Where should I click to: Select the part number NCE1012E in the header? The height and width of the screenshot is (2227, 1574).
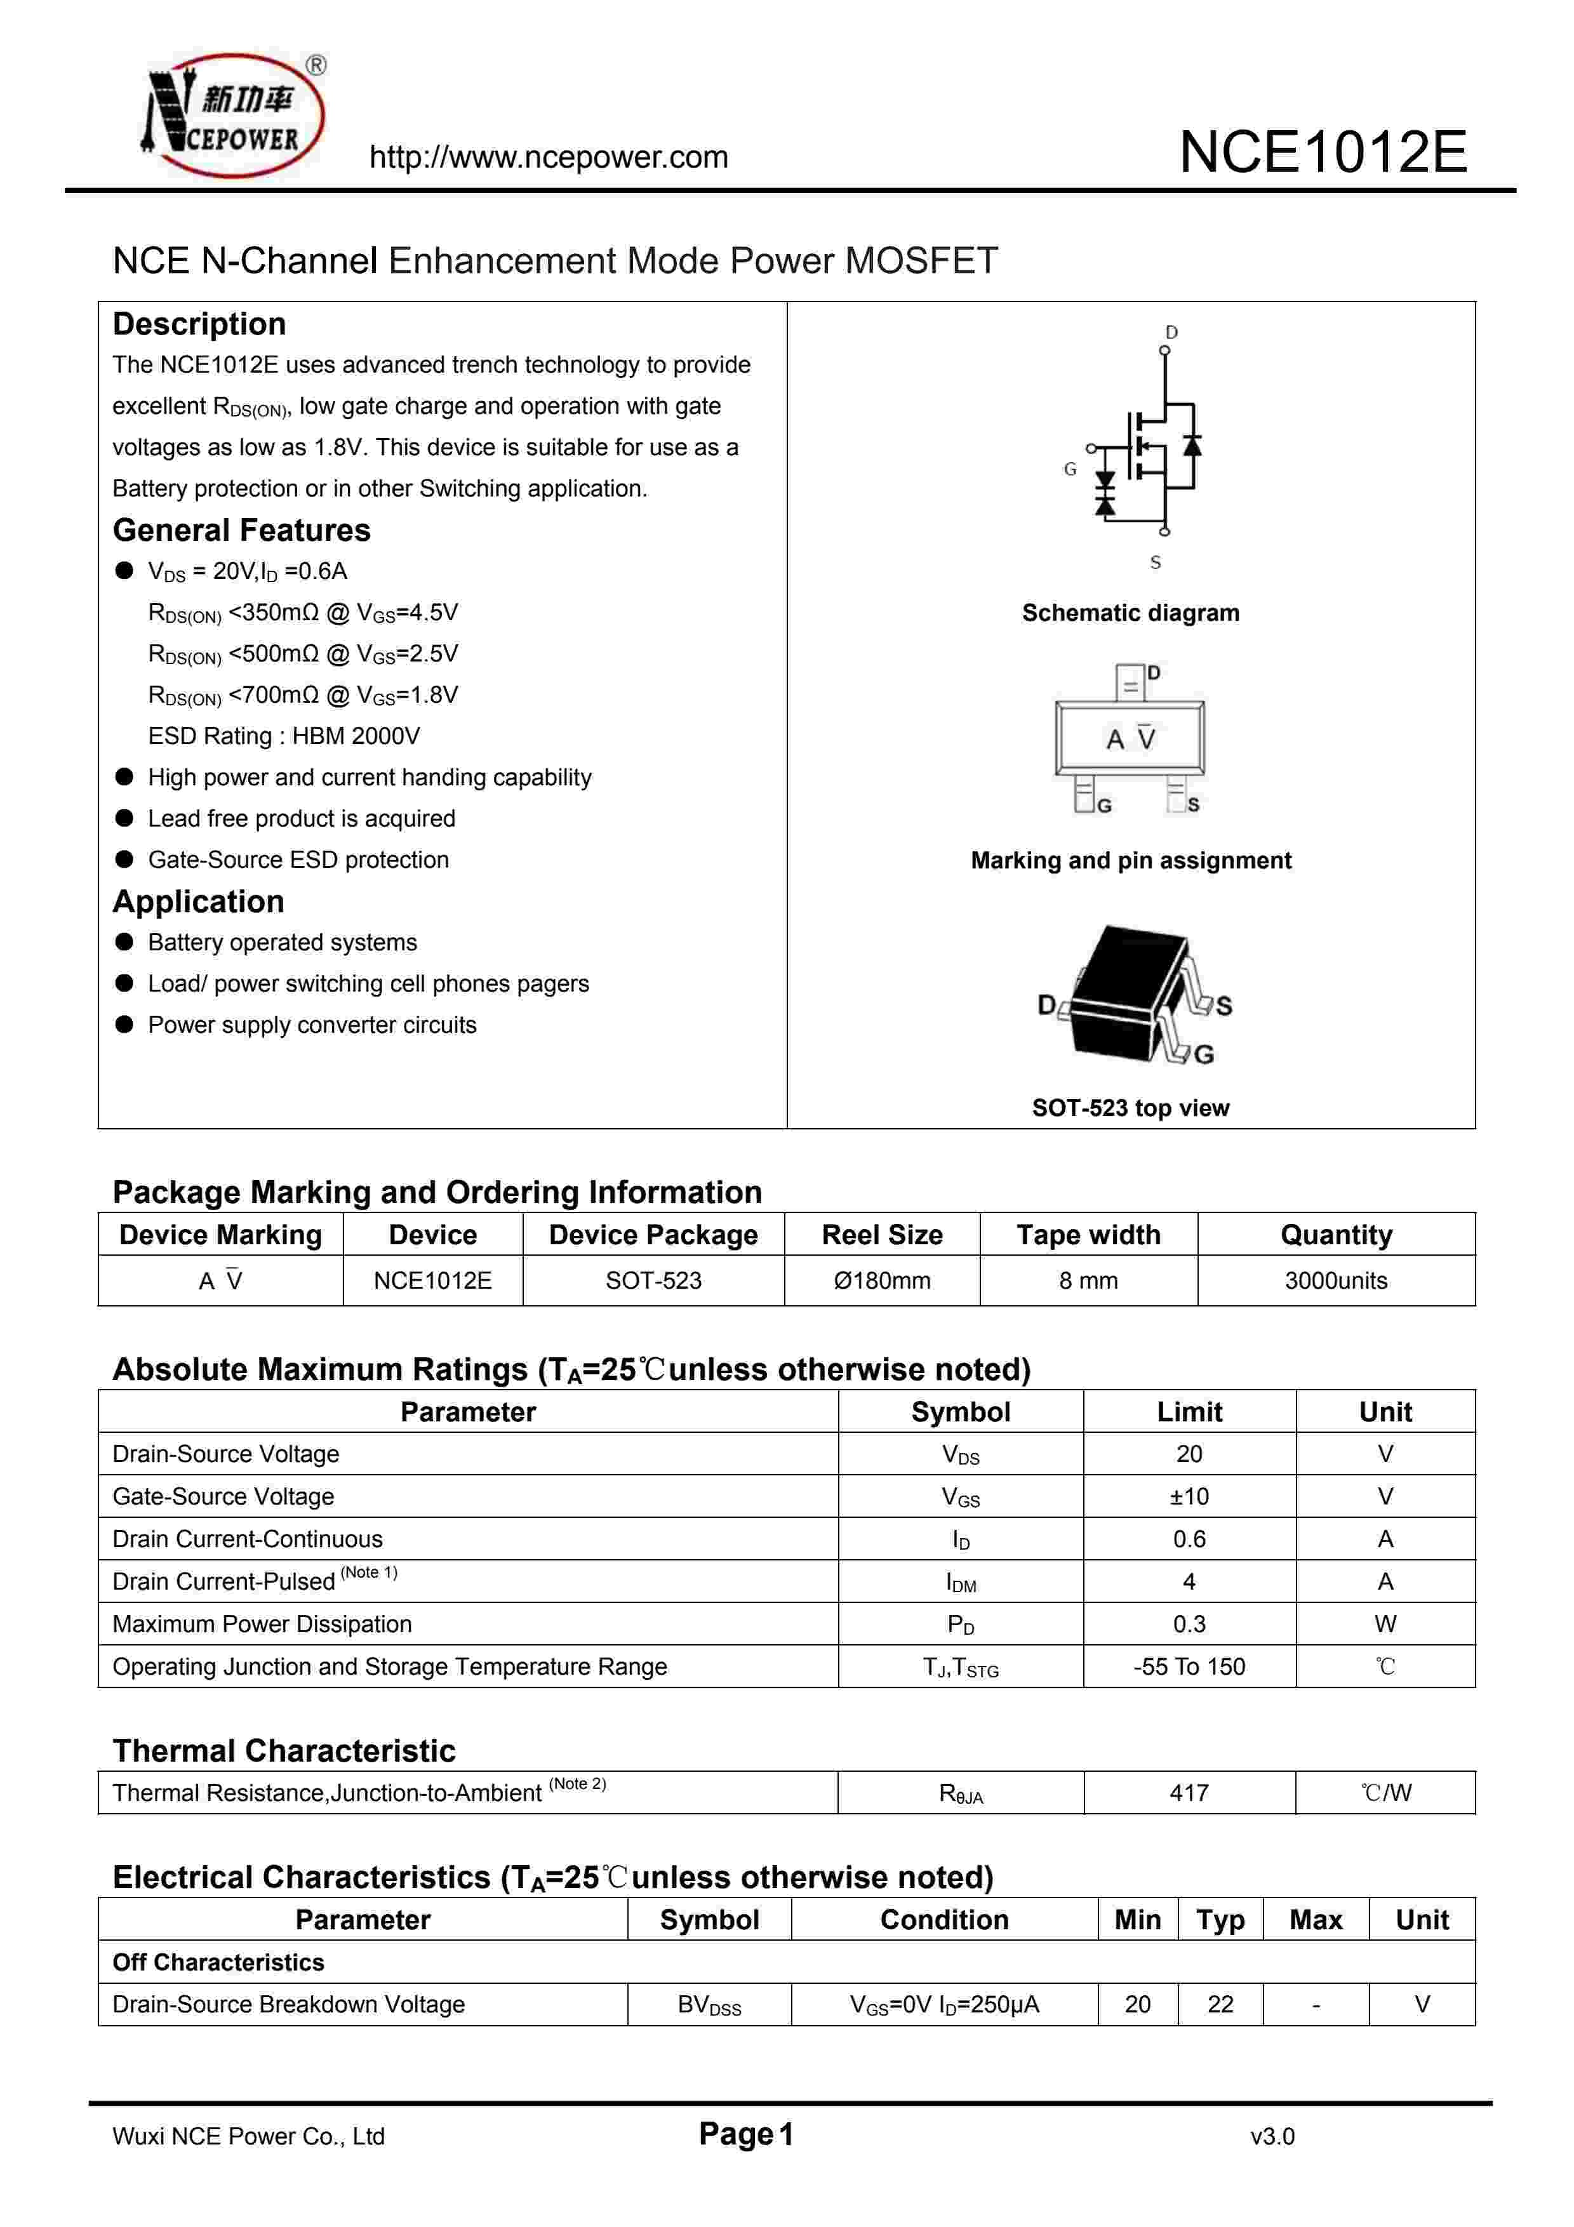[x=1323, y=152]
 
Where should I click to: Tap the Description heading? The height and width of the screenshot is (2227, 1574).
[x=199, y=324]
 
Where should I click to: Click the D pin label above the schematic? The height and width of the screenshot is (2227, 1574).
[x=1171, y=333]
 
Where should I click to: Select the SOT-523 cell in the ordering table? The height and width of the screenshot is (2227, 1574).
[x=653, y=1280]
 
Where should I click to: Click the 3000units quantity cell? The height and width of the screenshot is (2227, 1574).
[x=1335, y=1280]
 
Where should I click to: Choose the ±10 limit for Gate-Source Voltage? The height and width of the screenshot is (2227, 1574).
[x=1189, y=1497]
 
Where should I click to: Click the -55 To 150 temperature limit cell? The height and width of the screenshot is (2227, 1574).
[x=1189, y=1666]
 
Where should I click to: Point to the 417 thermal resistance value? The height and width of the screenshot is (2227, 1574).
[x=1189, y=1793]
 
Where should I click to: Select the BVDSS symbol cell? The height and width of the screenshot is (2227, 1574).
[x=709, y=2005]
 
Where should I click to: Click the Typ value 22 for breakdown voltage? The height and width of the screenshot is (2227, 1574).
[x=1220, y=2004]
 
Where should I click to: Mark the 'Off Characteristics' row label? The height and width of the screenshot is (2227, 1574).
[x=218, y=1962]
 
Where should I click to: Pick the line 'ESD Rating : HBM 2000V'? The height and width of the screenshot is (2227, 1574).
[x=284, y=736]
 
